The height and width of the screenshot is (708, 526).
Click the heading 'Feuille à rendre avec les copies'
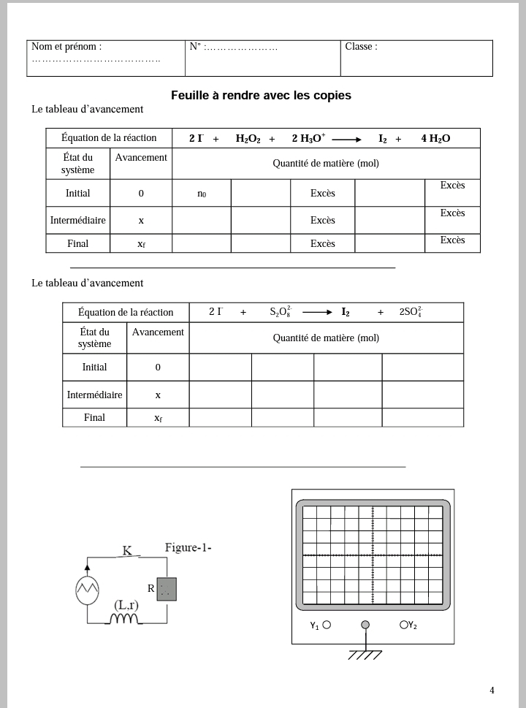[261, 95]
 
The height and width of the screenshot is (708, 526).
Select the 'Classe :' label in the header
[361, 47]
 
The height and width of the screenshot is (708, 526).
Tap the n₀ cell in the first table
[202, 194]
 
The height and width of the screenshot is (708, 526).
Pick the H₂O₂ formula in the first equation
[248, 139]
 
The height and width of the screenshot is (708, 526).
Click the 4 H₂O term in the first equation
[435, 139]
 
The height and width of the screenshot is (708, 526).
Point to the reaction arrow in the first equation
[346, 140]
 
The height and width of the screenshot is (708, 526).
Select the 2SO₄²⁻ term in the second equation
[410, 312]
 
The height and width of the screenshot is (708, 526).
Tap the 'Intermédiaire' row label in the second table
[94, 395]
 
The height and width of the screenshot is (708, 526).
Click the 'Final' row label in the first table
[77, 243]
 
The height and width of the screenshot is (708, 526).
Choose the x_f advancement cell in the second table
[158, 418]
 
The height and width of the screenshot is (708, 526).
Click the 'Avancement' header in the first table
[141, 157]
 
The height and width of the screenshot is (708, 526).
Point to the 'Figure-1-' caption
[188, 547]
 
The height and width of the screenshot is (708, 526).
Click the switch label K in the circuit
[127, 550]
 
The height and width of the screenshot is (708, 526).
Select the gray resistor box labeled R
[167, 589]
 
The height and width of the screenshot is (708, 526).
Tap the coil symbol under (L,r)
[123, 620]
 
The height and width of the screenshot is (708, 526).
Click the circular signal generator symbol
[87, 590]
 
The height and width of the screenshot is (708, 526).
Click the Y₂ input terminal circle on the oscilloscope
[403, 625]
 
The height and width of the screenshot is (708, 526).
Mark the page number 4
[492, 690]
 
